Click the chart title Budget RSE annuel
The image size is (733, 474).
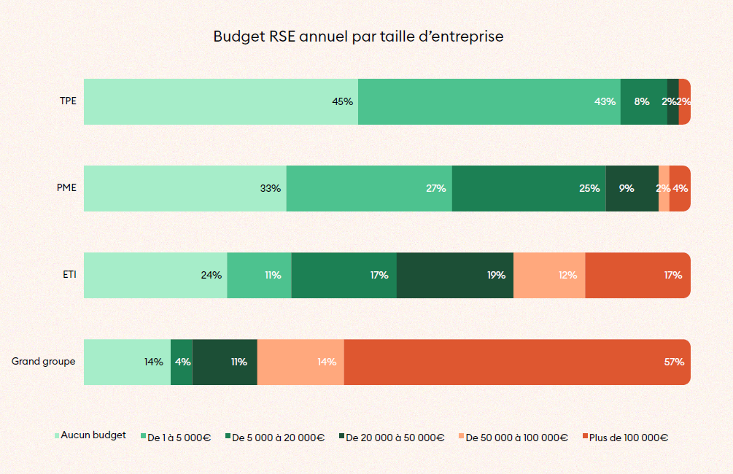tap(358, 36)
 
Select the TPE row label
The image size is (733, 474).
tap(68, 101)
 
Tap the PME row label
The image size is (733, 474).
tap(66, 187)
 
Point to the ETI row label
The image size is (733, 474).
tap(69, 275)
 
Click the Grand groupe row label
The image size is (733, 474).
tap(44, 361)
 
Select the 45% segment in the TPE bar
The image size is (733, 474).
tap(221, 101)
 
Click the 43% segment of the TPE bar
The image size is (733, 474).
tap(489, 101)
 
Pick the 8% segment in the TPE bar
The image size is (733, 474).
tap(643, 101)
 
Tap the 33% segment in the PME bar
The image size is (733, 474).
tap(185, 188)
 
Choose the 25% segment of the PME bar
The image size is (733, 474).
tap(529, 188)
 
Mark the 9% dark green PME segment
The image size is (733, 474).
tap(632, 188)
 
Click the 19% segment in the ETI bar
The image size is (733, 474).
tap(455, 275)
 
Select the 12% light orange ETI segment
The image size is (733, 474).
tap(549, 275)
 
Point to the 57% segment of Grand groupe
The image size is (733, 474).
tap(516, 362)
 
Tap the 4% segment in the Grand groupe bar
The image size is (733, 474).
tap(182, 362)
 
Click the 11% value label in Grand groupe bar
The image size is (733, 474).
tap(238, 362)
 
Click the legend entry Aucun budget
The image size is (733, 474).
tap(93, 435)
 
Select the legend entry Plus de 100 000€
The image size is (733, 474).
tap(628, 438)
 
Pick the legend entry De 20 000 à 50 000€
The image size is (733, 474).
tap(395, 438)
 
